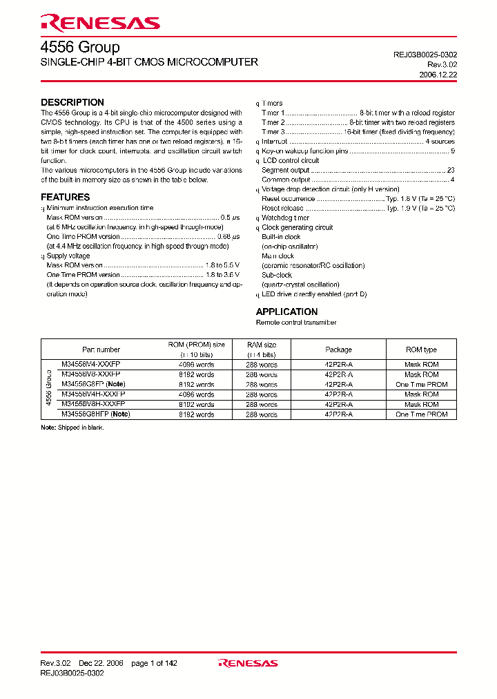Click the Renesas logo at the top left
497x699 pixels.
[100, 23]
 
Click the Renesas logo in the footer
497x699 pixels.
[248, 663]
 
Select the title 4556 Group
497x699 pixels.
[80, 48]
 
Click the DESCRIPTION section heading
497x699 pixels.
[72, 102]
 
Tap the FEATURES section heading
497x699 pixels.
[66, 197]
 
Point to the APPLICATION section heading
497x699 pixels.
[286, 312]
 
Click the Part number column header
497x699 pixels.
[101, 349]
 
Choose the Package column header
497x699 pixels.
[338, 349]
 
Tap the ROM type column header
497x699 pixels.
[421, 349]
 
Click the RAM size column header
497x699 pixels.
[262, 345]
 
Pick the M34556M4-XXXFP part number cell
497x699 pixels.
[90, 364]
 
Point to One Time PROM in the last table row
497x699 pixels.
[421, 414]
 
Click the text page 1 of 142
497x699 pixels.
[154, 663]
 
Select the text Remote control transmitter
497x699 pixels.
[296, 323]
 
